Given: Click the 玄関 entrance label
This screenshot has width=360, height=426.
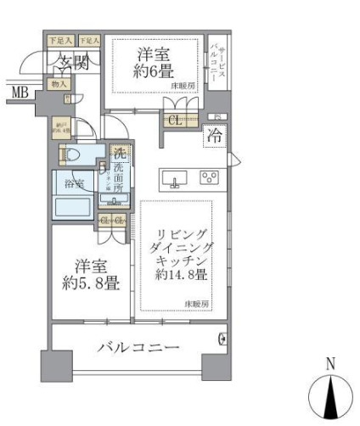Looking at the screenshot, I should tap(73, 61).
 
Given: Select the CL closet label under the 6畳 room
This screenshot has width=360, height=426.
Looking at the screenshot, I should tap(175, 120).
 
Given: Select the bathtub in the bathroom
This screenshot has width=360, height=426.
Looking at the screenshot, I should tap(74, 208).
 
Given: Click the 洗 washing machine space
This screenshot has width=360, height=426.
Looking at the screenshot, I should tap(120, 155).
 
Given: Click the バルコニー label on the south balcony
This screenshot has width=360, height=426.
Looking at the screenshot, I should tap(138, 348).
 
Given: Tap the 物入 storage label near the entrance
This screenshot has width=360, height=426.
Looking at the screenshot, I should tap(59, 83).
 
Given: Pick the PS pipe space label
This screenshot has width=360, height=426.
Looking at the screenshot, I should tap(217, 116).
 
